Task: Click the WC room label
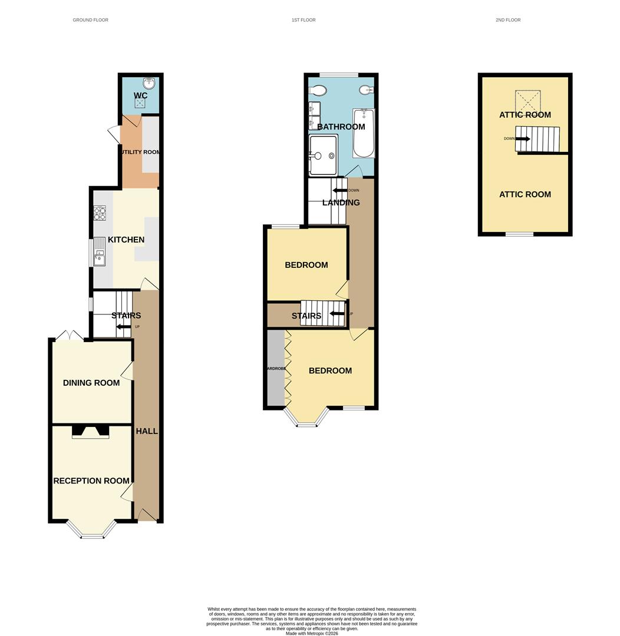140,95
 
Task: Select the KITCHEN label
126,240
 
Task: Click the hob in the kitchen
100,213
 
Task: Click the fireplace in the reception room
90,432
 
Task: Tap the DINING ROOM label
91,383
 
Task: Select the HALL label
147,431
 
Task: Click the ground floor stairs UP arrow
124,327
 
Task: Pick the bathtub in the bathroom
363,133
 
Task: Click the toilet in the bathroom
318,91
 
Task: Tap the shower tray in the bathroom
324,155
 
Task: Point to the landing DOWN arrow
340,190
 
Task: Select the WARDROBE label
275,369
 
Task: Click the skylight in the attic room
527,101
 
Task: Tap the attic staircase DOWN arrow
523,139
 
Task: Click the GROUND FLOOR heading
90,20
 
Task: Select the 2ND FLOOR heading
508,20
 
